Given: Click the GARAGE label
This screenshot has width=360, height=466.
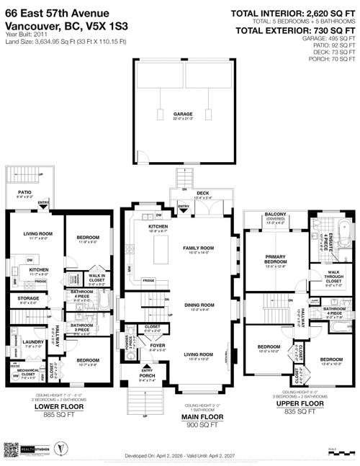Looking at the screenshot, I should (182, 113).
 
